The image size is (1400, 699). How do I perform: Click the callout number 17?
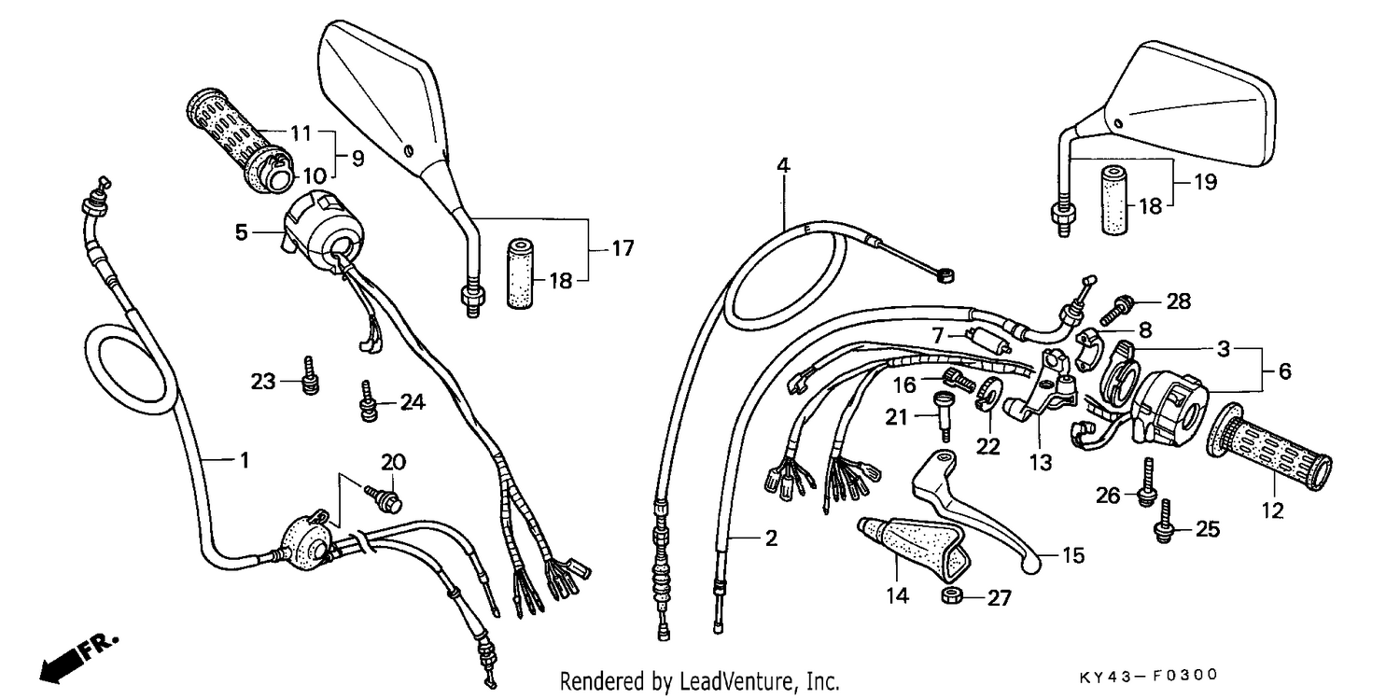click(x=623, y=248)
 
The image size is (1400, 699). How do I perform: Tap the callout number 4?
click(x=783, y=165)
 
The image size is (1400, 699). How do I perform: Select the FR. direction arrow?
click(x=78, y=659)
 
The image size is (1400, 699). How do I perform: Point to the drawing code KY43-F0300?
click(x=1149, y=676)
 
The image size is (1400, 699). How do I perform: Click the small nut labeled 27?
click(x=950, y=595)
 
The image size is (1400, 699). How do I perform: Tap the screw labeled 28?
click(x=1116, y=310)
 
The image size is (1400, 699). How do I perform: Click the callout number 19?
click(x=1205, y=182)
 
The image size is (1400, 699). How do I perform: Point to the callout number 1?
click(x=245, y=460)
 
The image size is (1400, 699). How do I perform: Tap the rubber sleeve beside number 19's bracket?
click(x=1114, y=200)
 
